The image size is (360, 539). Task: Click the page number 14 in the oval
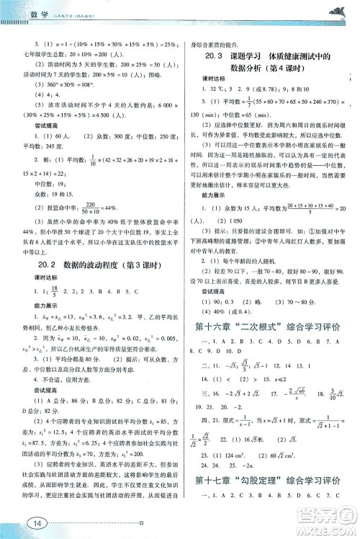35,522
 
